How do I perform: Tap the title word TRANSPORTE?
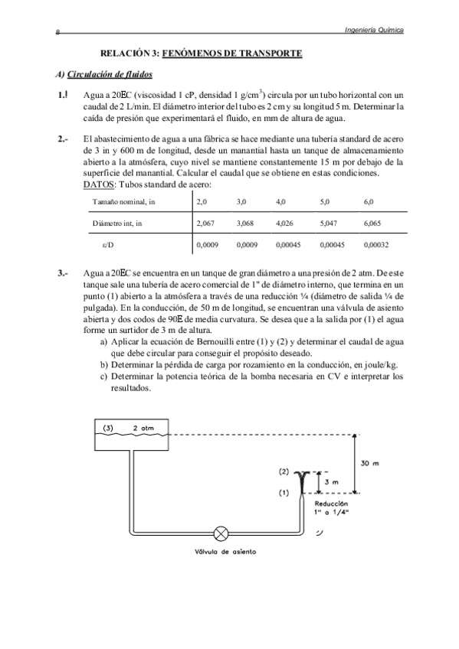click(264, 53)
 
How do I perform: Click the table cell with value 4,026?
click(284, 223)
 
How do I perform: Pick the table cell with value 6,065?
click(373, 223)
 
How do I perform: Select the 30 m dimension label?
click(370, 463)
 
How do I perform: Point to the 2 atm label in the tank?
click(143, 429)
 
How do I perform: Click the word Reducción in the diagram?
click(332, 505)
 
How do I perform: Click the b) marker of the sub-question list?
click(103, 366)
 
